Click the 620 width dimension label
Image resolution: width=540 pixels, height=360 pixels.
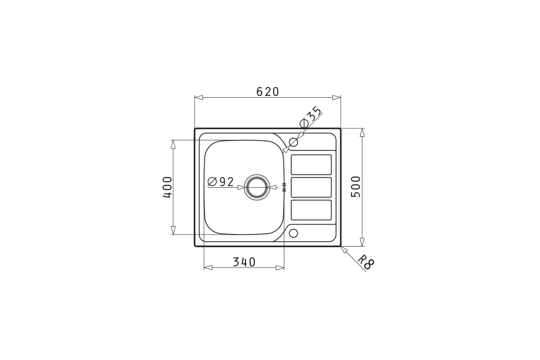[x=268, y=92]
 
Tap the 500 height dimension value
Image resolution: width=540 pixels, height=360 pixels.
[x=356, y=187]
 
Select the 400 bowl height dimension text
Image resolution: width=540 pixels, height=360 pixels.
[x=167, y=187]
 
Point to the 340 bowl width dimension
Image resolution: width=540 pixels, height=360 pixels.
[x=244, y=262]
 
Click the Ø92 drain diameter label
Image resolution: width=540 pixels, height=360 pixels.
[x=221, y=182]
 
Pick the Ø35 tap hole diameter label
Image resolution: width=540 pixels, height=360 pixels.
[x=311, y=117]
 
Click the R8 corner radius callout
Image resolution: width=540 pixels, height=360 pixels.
[x=365, y=262]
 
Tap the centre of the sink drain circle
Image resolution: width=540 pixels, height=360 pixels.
[x=256, y=187]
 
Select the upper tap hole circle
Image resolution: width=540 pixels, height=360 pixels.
[x=293, y=142]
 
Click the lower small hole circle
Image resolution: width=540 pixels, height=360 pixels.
[x=293, y=233]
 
